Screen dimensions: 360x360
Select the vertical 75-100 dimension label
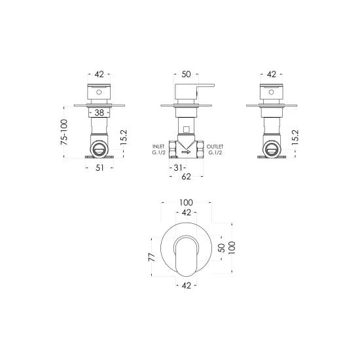pos(64,133)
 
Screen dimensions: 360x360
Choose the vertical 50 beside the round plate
pos(221,248)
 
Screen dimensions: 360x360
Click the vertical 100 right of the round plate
pos(232,248)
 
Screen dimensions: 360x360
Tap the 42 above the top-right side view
pos(271,74)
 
